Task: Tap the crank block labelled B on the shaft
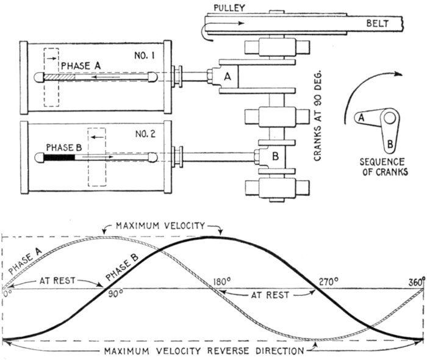pos(274,156)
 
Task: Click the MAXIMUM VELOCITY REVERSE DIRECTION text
pos(204,351)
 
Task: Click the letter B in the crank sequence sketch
pos(389,145)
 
